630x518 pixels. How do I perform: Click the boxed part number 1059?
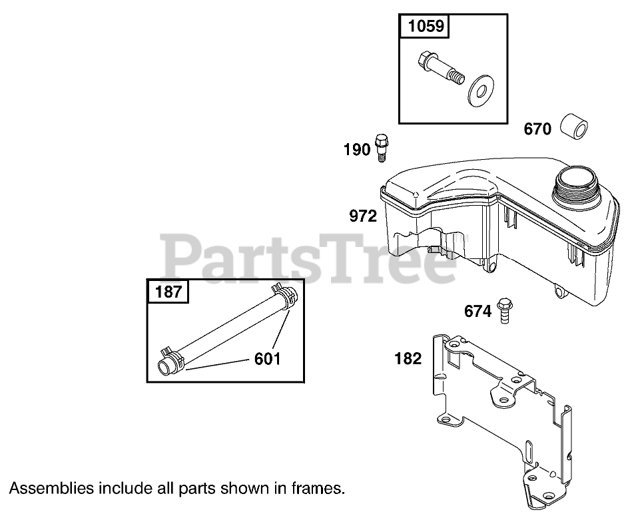(424, 27)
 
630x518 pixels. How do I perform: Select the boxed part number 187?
(168, 292)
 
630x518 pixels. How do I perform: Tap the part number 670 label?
(537, 129)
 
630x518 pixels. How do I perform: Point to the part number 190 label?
(356, 150)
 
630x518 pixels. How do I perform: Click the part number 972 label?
(363, 216)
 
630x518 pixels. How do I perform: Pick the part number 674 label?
(477, 311)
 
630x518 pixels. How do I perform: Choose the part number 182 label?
(408, 359)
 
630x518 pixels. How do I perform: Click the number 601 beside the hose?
(267, 359)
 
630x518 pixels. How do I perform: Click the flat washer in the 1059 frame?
(478, 90)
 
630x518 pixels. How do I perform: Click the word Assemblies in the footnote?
(51, 488)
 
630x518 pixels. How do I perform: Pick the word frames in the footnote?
(319, 488)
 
